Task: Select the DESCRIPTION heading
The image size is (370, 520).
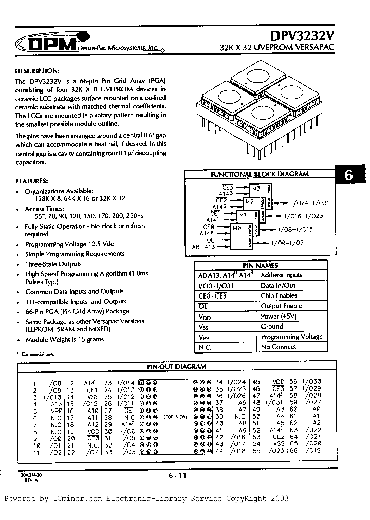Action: pyautogui.click(x=37, y=71)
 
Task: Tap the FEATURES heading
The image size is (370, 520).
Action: pyautogui.click(x=32, y=181)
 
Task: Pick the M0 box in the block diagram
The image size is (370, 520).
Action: pyautogui.click(x=236, y=228)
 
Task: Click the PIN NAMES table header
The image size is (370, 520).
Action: pyautogui.click(x=260, y=265)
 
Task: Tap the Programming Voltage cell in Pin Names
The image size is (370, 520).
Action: pyautogui.click(x=291, y=337)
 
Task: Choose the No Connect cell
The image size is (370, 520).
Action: pyautogui.click(x=278, y=347)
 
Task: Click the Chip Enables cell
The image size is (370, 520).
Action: pyautogui.click(x=279, y=295)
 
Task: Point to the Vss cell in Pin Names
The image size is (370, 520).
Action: pyautogui.click(x=204, y=326)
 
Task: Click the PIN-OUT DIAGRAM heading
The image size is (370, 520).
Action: pyautogui.click(x=177, y=367)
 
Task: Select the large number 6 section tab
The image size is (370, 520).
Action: pyautogui.click(x=349, y=175)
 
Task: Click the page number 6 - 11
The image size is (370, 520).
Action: pyautogui.click(x=177, y=476)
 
